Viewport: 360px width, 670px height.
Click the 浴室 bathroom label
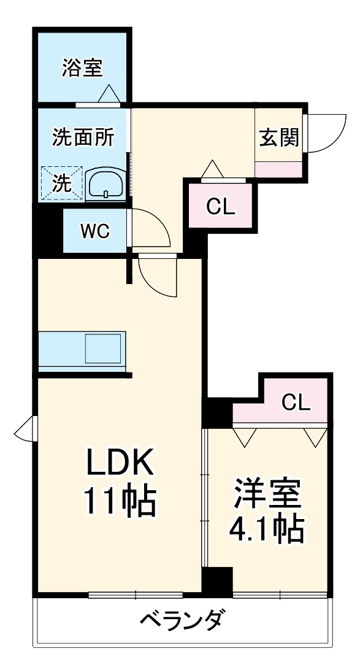[81, 68]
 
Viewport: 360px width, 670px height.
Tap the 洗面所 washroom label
[82, 137]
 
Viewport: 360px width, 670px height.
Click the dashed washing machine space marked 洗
[61, 183]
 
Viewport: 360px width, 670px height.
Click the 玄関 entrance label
[278, 137]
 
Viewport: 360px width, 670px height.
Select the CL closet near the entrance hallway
[220, 207]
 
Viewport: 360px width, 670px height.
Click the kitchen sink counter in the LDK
[82, 351]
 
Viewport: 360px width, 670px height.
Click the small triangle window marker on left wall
[26, 428]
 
